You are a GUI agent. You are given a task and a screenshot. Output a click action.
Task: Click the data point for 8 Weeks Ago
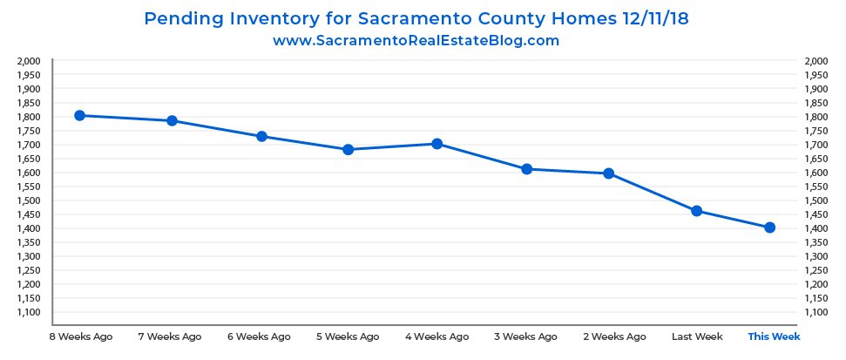coord(79,115)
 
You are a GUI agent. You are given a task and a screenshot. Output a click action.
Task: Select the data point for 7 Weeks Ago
coord(172,120)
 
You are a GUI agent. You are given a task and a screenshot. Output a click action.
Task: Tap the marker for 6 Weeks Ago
coord(261,136)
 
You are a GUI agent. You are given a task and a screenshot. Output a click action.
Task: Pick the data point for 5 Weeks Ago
coord(349,149)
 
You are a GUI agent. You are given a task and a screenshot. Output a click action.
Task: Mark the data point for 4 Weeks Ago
coord(437,143)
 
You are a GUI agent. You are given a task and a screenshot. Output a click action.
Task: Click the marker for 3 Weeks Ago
coord(527,168)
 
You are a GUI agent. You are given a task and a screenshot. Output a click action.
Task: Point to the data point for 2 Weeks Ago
coord(609,173)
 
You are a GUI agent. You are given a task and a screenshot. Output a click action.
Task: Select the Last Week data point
coord(696,211)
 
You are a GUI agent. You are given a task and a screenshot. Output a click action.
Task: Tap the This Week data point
coord(770,228)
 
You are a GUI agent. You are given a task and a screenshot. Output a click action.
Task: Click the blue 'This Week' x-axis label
coord(774,336)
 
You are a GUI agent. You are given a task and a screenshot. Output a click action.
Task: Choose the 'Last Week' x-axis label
coord(696,336)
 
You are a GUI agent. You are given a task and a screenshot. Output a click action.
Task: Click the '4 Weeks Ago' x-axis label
coord(437,336)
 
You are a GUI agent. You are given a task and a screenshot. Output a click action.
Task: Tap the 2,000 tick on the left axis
coord(30,61)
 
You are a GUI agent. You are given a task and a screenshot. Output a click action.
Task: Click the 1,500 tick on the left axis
coord(30,200)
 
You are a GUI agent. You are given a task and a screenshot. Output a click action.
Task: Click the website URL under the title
coord(416,40)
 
